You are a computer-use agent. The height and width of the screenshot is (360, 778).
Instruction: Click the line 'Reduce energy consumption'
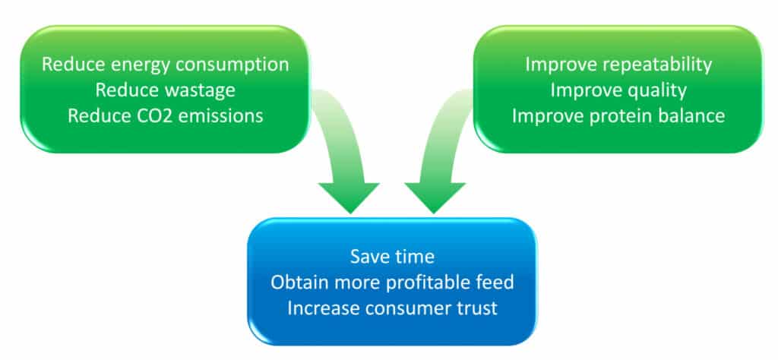tap(165, 65)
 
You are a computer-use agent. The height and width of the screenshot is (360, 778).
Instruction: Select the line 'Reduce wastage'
tap(165, 90)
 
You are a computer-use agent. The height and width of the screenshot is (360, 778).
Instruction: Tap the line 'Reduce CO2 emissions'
tap(165, 116)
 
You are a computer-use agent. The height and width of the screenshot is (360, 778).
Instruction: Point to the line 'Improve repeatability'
tap(618, 65)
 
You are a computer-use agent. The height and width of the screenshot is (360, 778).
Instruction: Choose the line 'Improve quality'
tap(618, 90)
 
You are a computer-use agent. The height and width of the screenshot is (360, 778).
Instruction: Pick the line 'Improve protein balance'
tap(618, 116)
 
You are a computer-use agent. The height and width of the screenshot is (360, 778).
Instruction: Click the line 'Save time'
tap(392, 257)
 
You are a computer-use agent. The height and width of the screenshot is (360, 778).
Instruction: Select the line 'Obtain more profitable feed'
tap(392, 283)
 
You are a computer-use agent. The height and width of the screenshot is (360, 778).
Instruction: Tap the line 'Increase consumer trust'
tap(392, 308)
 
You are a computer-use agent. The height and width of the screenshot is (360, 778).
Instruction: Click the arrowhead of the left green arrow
tap(349, 197)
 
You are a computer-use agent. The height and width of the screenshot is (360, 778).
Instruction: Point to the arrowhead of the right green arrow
tap(435, 197)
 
